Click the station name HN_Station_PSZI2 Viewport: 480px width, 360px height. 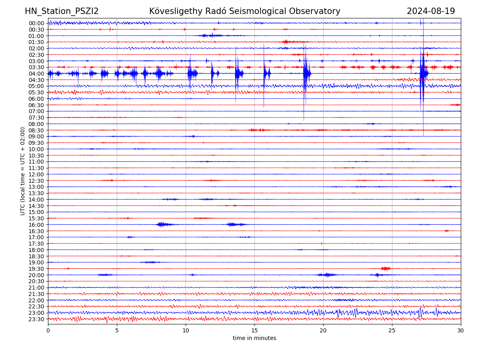[x=62, y=11]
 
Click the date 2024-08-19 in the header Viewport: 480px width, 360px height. [x=431, y=11]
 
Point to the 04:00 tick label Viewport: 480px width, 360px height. [x=36, y=74]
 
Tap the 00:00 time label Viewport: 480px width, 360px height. [x=36, y=23]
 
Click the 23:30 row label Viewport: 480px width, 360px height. [x=36, y=319]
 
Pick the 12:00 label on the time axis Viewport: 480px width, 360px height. [x=36, y=174]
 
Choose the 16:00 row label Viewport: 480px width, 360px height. [x=36, y=225]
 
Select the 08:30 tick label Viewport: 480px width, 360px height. [x=36, y=130]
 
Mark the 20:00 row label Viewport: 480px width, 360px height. [x=36, y=275]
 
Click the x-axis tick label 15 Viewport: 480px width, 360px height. [x=254, y=331]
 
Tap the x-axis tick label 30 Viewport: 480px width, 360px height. [x=461, y=331]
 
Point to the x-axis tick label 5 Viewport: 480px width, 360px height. [x=117, y=331]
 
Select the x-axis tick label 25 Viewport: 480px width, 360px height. [x=392, y=331]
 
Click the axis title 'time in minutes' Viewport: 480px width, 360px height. [x=254, y=338]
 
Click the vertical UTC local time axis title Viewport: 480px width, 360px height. [x=23, y=171]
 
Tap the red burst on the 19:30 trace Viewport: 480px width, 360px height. [x=386, y=268]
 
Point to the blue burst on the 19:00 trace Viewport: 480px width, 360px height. [x=150, y=262]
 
